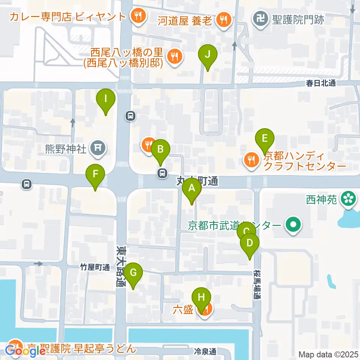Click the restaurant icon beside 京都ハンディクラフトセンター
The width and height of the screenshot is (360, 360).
(x=250, y=160)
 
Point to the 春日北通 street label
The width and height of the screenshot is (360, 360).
(x=320, y=84)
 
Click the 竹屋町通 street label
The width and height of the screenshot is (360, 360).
(x=94, y=267)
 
